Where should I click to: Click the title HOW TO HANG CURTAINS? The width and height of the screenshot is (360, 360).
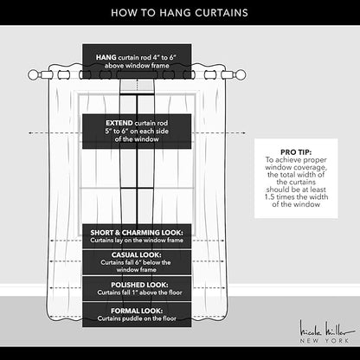coord(179,13)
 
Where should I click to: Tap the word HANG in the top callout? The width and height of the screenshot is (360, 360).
coord(106,57)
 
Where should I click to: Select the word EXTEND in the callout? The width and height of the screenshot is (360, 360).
coord(119,123)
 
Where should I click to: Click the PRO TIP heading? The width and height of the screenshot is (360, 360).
coord(296,152)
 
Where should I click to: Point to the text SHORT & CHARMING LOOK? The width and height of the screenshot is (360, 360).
coord(137,233)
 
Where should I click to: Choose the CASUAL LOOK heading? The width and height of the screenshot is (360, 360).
coord(137,255)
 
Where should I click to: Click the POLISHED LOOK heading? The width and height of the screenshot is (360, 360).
coord(139,285)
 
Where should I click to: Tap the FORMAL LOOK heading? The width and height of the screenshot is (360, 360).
coord(137,311)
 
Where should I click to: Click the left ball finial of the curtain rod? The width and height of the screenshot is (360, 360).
coord(34,75)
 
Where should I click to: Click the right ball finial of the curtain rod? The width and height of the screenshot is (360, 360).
coord(240,75)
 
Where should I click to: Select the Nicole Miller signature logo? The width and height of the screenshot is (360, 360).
coord(327,329)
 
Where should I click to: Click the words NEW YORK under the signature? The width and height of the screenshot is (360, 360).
coord(325,341)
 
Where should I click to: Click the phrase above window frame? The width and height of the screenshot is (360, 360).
coord(137,66)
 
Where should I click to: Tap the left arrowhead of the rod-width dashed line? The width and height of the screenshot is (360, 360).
coord(29,133)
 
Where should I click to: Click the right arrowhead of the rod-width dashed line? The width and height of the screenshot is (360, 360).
coord(244,133)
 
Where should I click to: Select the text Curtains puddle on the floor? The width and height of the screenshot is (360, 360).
coord(137,318)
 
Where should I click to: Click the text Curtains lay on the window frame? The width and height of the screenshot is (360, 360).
coord(137,240)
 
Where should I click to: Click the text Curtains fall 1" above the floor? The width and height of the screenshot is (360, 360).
coord(139,292)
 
